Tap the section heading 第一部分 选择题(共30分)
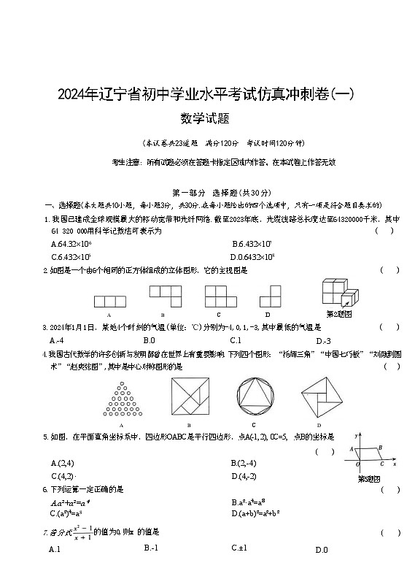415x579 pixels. click(207, 193)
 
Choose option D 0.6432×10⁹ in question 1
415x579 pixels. click(252, 256)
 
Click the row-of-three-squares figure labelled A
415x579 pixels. click(109, 300)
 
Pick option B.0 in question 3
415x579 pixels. click(149, 340)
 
